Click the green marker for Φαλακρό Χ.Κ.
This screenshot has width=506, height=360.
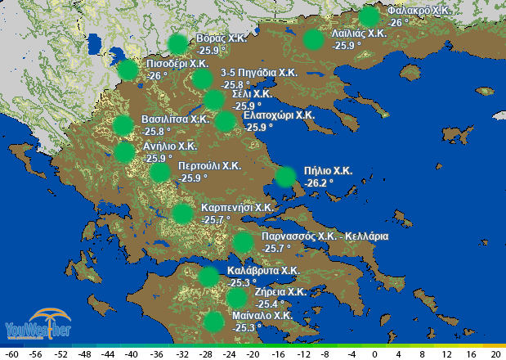369,16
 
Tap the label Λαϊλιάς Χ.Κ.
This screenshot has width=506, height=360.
359,34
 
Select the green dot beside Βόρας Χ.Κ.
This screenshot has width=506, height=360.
177,44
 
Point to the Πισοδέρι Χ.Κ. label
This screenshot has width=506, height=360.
177,63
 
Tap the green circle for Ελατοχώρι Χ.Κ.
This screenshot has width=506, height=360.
224,121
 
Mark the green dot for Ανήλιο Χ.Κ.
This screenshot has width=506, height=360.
124,152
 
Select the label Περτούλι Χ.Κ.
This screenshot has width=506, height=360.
210,165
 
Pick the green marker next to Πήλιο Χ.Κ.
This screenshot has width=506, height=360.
285,177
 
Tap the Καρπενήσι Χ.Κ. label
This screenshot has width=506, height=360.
237,208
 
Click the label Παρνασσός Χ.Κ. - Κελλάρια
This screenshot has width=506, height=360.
325,236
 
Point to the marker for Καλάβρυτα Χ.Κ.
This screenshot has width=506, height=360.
208,276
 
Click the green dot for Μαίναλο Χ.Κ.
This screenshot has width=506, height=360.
213,321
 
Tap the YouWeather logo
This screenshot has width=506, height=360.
38,323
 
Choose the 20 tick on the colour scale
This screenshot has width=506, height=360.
495,355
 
